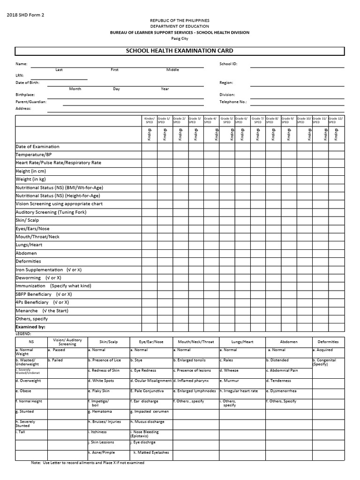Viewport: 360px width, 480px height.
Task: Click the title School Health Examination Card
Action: [180, 51]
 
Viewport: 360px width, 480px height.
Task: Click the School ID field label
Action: [228, 64]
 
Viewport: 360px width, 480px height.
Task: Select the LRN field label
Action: [20, 75]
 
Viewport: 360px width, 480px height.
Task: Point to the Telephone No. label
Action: [233, 101]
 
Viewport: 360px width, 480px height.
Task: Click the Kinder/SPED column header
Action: [150, 120]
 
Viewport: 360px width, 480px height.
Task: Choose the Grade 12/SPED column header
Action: [336, 120]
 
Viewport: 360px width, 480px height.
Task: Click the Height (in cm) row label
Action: [30, 171]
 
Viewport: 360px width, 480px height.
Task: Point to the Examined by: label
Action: [30, 327]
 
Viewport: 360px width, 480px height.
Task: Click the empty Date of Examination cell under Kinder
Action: [150, 147]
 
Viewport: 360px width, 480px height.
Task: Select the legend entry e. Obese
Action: [23, 390]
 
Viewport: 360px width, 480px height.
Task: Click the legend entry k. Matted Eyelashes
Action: [151, 452]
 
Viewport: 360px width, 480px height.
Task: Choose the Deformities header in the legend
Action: [328, 342]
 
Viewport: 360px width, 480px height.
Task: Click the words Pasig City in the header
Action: [180, 39]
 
